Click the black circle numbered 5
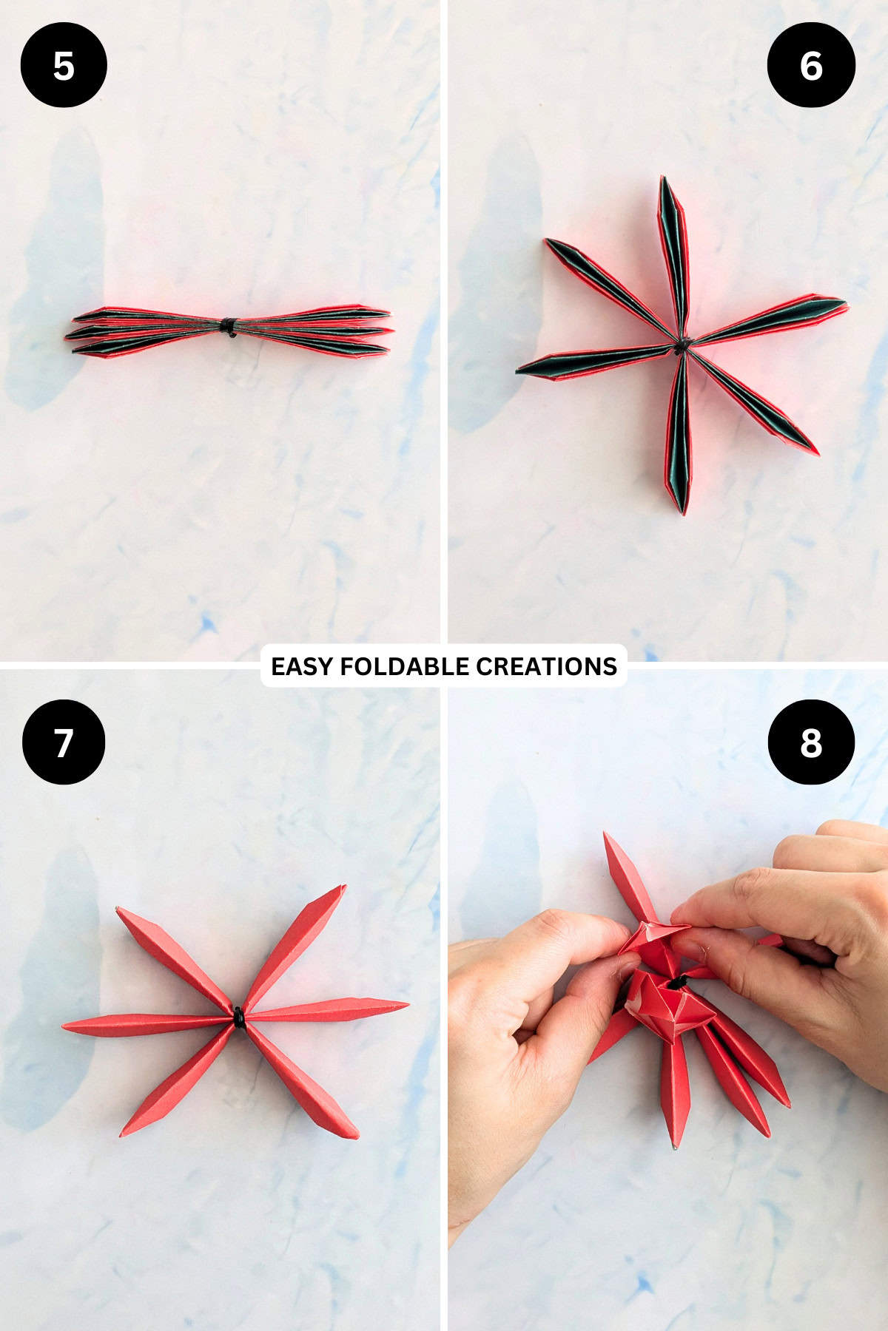point(64,65)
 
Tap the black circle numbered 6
point(811,65)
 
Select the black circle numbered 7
point(64,742)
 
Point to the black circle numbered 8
point(811,742)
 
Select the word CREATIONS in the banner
point(546,666)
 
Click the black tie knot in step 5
point(229,326)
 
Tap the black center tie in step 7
point(238,1018)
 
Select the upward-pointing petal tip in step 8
point(606,835)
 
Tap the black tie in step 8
point(677,984)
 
